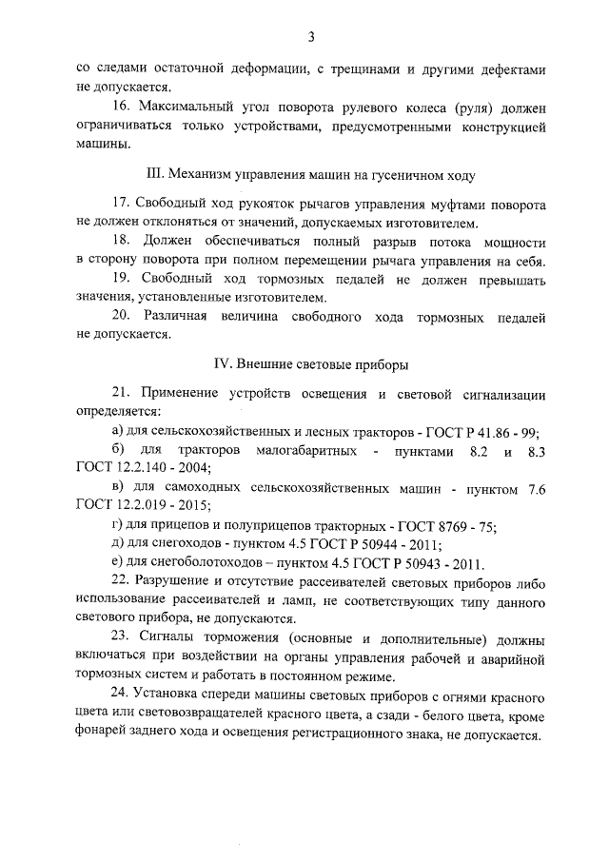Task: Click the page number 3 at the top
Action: coord(310,37)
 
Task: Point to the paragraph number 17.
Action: coord(122,205)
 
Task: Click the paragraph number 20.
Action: coord(123,314)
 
